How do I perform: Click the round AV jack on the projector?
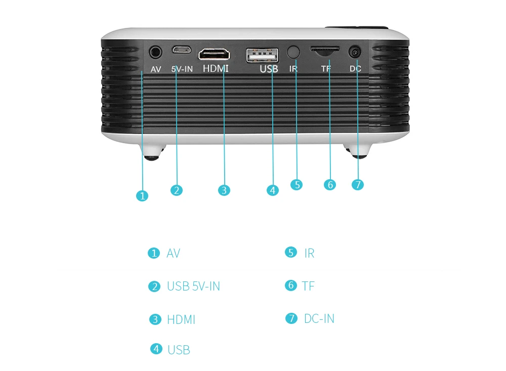tap(156, 52)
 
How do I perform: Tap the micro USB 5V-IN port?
tap(180, 51)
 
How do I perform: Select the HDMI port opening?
tap(214, 54)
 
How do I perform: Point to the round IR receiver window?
tap(293, 52)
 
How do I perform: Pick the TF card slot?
tap(325, 51)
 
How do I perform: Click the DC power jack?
tap(356, 52)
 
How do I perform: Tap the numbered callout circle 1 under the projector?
tap(143, 196)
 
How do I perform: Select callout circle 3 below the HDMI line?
tap(224, 190)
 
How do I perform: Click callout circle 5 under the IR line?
tap(297, 185)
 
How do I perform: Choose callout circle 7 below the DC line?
tap(358, 185)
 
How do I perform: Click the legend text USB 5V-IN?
tap(193, 286)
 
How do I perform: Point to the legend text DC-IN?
tap(319, 318)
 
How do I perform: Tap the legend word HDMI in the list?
tap(181, 320)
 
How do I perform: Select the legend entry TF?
tap(308, 286)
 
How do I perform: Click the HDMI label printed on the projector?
tap(216, 68)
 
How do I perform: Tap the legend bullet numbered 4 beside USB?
tap(157, 349)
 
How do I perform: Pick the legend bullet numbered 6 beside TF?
tap(290, 285)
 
